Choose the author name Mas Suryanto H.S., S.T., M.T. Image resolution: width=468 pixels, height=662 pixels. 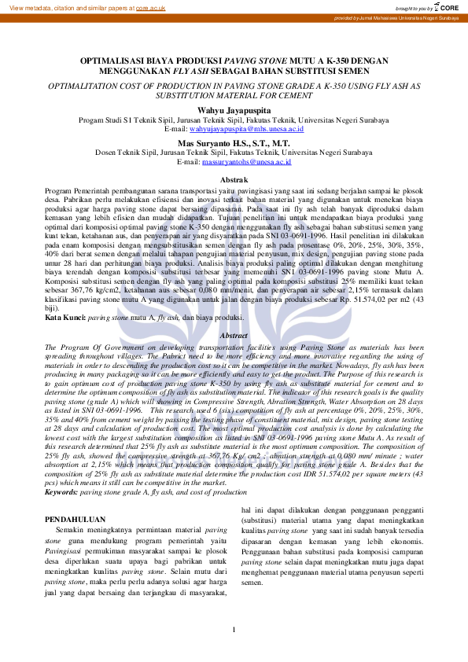point(234,144)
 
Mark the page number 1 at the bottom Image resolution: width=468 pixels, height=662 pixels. point(234,630)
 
